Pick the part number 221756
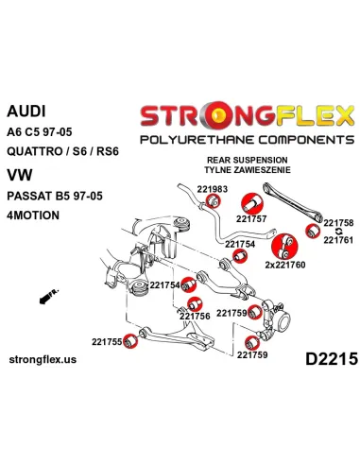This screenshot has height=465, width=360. tap(195, 317)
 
